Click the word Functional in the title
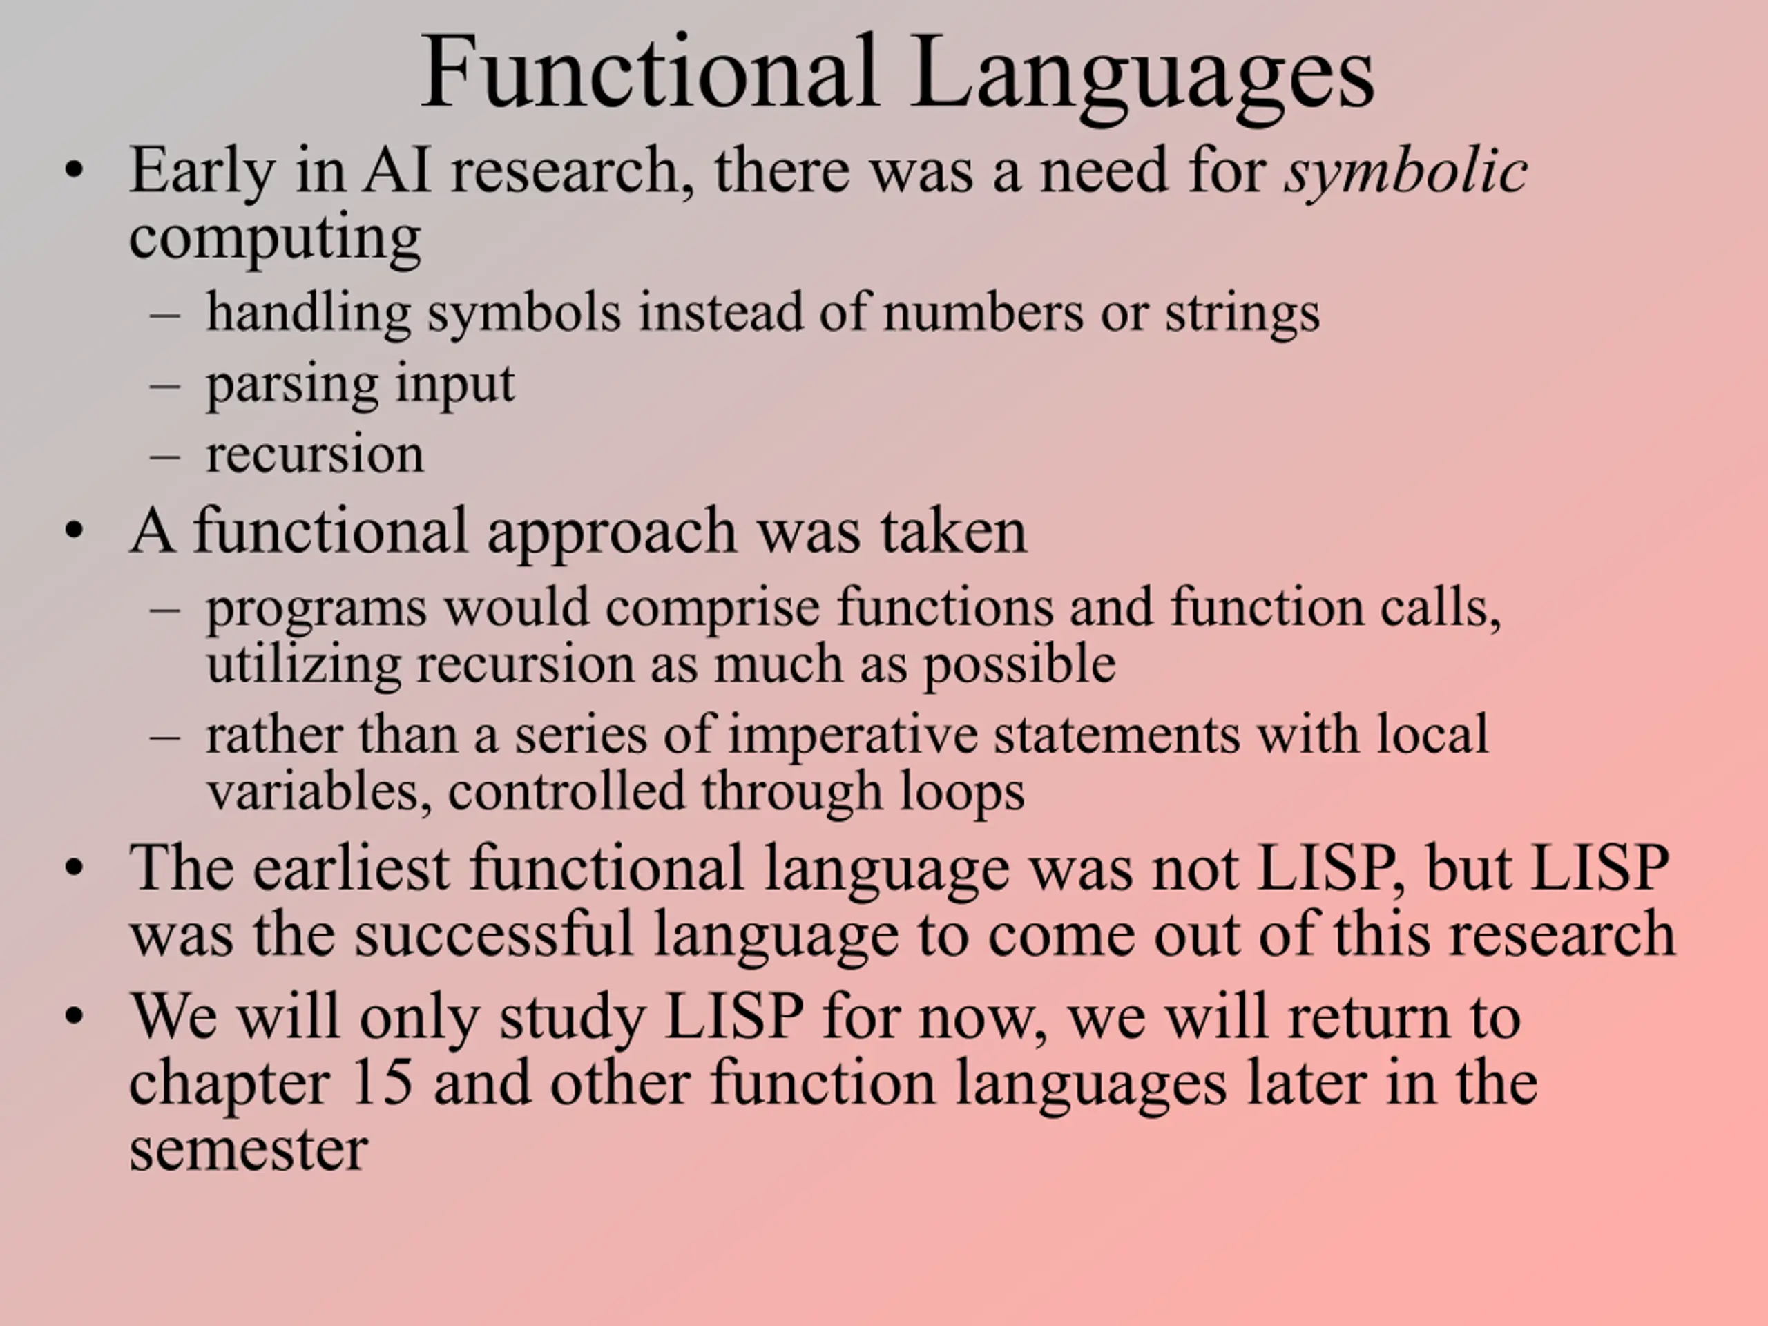tap(649, 72)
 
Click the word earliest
tap(352, 867)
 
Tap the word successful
tap(494, 934)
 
